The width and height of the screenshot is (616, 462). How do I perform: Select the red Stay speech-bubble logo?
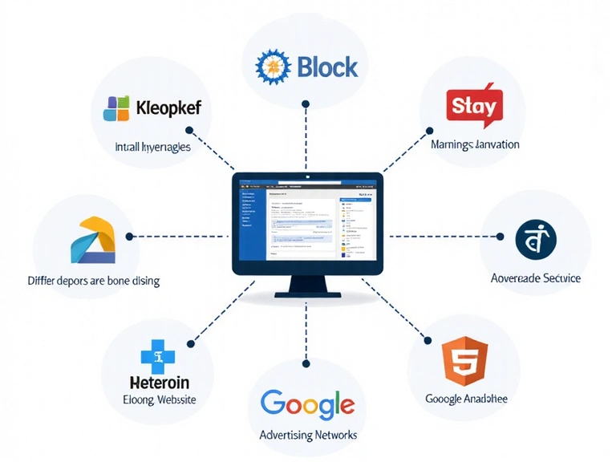pyautogui.click(x=473, y=106)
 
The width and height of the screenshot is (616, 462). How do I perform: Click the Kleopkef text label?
pyautogui.click(x=168, y=107)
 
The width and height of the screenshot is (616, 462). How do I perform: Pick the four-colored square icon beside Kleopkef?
pyautogui.click(x=116, y=108)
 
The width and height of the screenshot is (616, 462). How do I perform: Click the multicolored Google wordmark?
pyautogui.click(x=307, y=404)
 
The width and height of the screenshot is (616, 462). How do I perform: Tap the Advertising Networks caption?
pyautogui.click(x=308, y=435)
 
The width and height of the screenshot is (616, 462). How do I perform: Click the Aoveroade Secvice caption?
pyautogui.click(x=535, y=278)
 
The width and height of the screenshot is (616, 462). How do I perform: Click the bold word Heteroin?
pyautogui.click(x=159, y=381)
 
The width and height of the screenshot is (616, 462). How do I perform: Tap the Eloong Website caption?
pyautogui.click(x=159, y=399)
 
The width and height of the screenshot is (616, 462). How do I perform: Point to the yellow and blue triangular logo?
pyautogui.click(x=94, y=241)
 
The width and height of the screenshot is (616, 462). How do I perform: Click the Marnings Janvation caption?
pyautogui.click(x=475, y=145)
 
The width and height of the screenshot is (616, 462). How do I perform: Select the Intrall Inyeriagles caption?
pyautogui.click(x=152, y=148)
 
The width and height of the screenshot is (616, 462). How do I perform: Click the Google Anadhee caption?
pyautogui.click(x=466, y=399)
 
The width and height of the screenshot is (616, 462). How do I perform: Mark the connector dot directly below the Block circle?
pyautogui.click(x=306, y=103)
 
